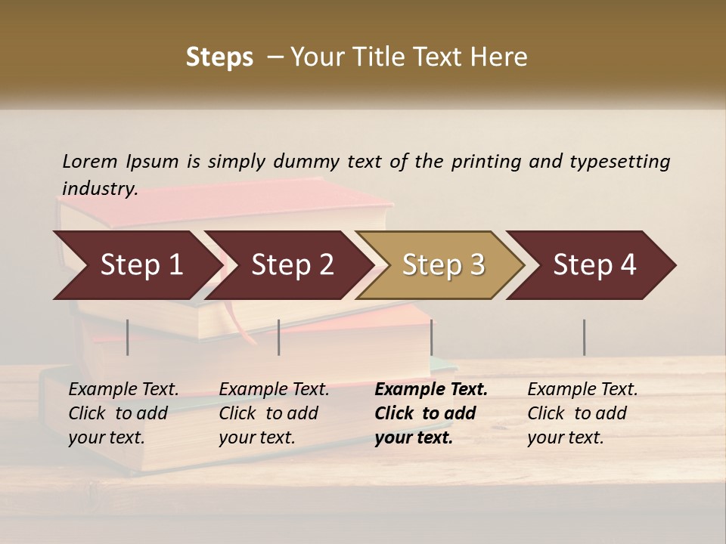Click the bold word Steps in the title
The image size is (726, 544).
pyautogui.click(x=219, y=57)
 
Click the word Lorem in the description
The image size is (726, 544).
pyautogui.click(x=90, y=161)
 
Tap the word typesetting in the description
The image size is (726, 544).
pyautogui.click(x=619, y=162)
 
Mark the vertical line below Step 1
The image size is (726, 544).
pyautogui.click(x=128, y=337)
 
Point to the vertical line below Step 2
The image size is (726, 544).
pyautogui.click(x=279, y=337)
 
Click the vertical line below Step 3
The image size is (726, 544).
pyautogui.click(x=432, y=337)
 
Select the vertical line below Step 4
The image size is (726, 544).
pyautogui.click(x=585, y=337)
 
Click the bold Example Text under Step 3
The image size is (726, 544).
pyautogui.click(x=431, y=389)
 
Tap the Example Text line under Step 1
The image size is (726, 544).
pyautogui.click(x=123, y=389)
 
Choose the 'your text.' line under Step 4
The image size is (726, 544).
pyautogui.click(x=565, y=437)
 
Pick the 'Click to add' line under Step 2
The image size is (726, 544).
pyautogui.click(x=268, y=413)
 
